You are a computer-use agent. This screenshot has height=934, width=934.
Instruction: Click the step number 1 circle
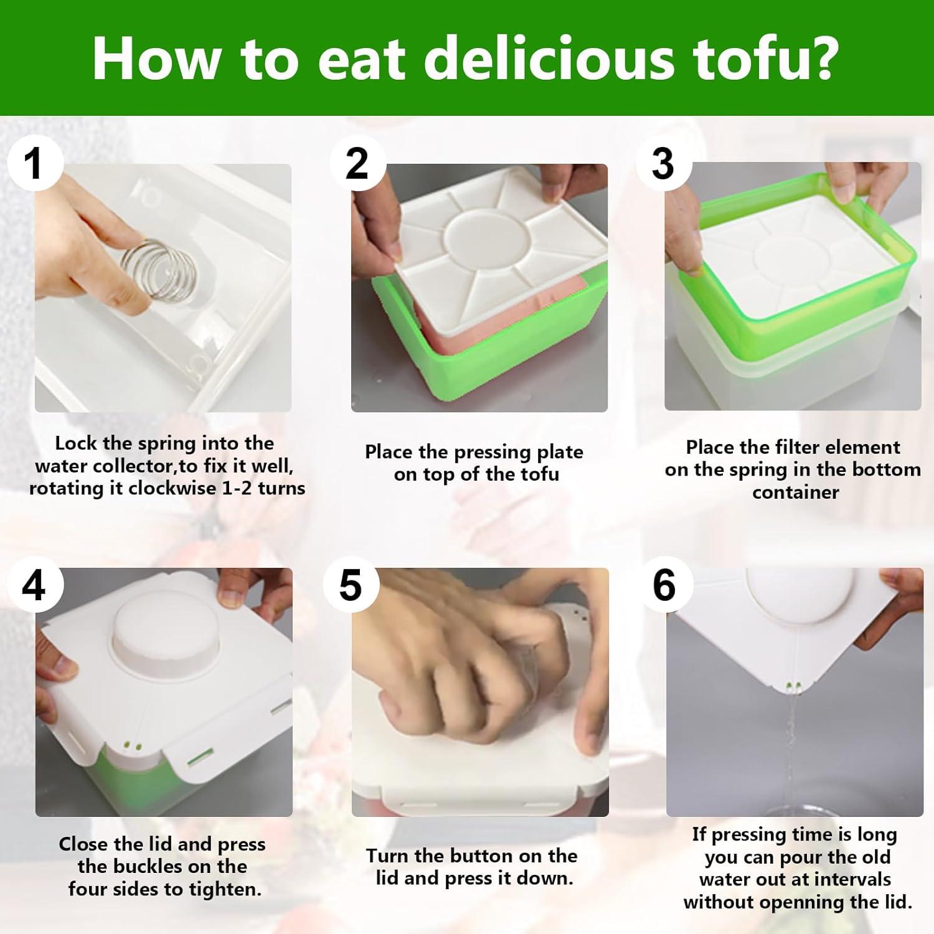click(x=34, y=164)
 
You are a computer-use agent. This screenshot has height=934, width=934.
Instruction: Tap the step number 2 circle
click(x=357, y=164)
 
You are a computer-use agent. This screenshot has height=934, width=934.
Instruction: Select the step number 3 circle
click(x=663, y=164)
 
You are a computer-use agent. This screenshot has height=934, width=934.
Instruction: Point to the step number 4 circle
click(x=34, y=585)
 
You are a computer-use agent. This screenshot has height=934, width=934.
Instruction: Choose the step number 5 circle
click(x=351, y=585)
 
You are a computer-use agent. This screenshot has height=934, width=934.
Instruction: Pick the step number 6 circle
click(x=664, y=585)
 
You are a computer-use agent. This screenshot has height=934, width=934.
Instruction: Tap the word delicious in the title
click(x=549, y=59)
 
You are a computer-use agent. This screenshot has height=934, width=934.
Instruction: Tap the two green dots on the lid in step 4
click(x=132, y=745)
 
